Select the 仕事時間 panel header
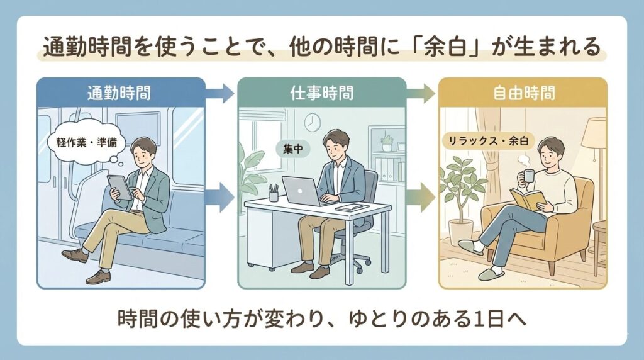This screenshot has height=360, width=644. coord(321,93)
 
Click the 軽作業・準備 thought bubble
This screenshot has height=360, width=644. coord(82,140)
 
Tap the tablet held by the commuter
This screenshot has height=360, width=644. coord(119,187)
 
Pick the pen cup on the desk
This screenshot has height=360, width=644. coord(274,193)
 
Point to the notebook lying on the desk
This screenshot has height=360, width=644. coord(349,207)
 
